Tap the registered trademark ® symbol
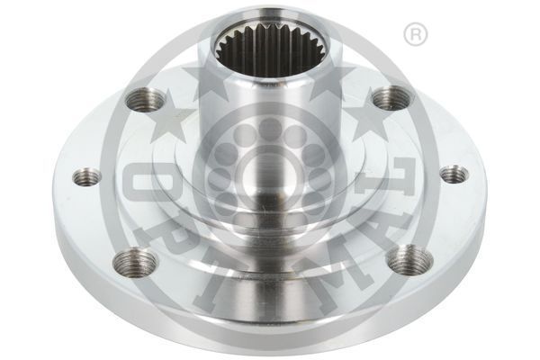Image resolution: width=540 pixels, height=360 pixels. [x=415, y=35]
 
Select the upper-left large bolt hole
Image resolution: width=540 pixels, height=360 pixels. [x=146, y=99]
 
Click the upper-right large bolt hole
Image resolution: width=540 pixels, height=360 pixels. [x=391, y=97]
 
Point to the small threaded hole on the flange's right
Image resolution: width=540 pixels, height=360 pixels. [x=453, y=174]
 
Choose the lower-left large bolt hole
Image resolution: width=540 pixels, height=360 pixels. [x=136, y=263]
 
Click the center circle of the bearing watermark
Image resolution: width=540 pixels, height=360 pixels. [x=270, y=166]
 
